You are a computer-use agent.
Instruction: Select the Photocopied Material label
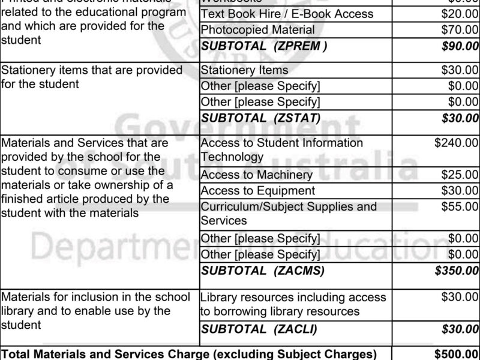point(257,29)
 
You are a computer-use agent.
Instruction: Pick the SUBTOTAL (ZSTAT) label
point(261,118)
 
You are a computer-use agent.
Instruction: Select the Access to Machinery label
point(256,175)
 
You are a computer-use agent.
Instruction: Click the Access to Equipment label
point(257,191)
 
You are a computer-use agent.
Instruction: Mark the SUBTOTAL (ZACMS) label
point(263,271)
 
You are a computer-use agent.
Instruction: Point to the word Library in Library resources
point(218,297)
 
